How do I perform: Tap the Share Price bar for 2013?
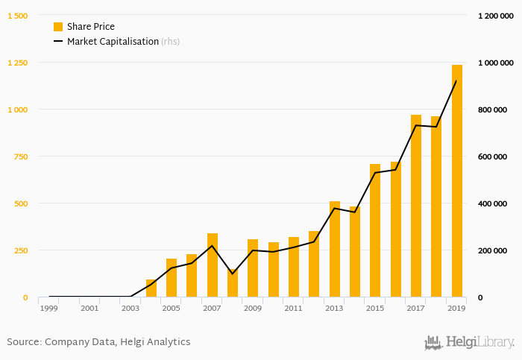coord(335,249)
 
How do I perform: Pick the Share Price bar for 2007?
coord(213,265)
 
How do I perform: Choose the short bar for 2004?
coord(151,288)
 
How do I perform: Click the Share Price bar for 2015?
coord(375,230)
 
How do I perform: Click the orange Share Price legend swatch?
coord(58,27)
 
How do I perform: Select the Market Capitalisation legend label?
coord(113,42)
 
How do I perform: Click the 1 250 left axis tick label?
coord(17,63)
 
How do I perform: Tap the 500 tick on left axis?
coord(21,203)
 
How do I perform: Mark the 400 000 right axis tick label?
coord(492,203)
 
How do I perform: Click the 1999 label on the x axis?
coord(49,308)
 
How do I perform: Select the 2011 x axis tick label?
coord(294,308)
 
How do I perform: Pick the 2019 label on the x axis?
coord(456,308)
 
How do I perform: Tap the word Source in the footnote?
coord(23,342)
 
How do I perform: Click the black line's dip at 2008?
coord(233,274)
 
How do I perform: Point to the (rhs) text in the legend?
coord(171,42)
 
